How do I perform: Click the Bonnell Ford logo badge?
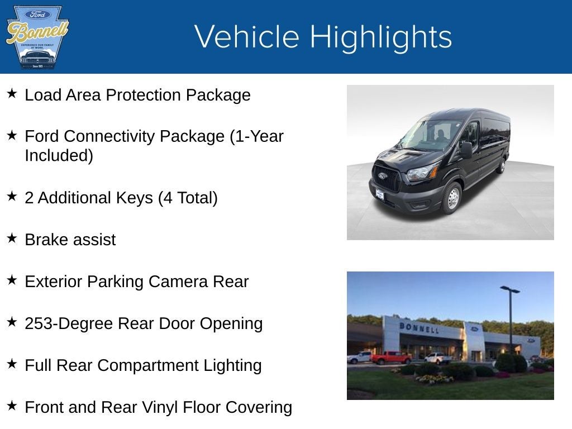[x=37, y=37]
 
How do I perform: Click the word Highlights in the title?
[x=380, y=37]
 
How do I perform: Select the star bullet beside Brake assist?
[x=12, y=239]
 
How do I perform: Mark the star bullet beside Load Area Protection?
[x=12, y=94]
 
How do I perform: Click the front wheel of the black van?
[x=452, y=198]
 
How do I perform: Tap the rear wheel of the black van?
[x=502, y=166]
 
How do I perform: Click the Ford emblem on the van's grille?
[x=382, y=175]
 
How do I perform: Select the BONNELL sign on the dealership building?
[x=419, y=327]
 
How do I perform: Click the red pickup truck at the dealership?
[x=390, y=357]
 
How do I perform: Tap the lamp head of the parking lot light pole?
[x=509, y=289]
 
